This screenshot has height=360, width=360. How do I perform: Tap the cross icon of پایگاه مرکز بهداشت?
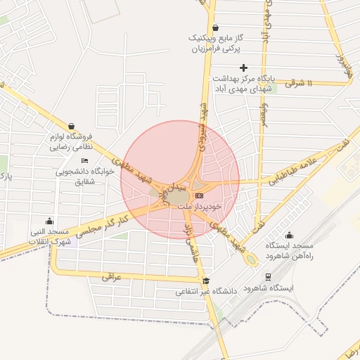[243, 68]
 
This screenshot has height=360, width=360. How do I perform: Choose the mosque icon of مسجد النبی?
[48, 221]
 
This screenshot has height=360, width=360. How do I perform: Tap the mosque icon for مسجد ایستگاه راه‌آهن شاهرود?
[288, 235]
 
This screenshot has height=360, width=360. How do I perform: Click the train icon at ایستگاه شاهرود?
[267, 277]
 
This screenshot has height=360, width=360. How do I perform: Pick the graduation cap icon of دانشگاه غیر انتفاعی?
[205, 281]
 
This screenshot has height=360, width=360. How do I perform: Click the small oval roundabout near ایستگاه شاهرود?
[250, 259]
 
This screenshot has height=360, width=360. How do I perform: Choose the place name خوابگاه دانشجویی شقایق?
[85, 175]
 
